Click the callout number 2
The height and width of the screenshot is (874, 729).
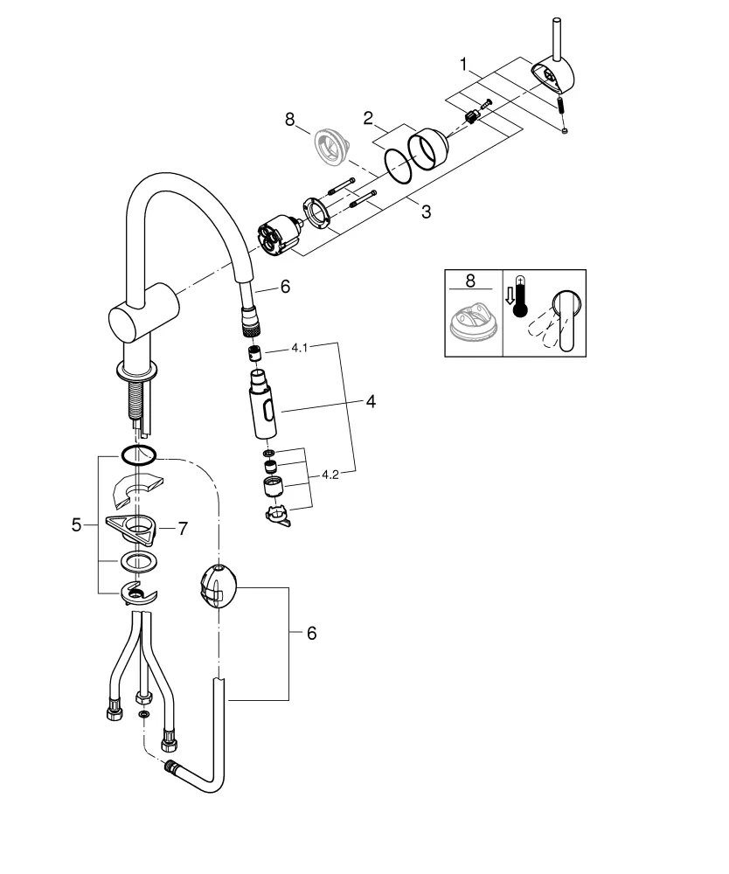click(370, 117)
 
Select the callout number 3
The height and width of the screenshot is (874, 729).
click(425, 212)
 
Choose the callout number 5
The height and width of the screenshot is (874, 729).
click(77, 525)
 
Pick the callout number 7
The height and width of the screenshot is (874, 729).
click(183, 528)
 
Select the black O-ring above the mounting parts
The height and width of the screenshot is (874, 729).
click(137, 455)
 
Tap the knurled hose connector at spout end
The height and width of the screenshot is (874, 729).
click(250, 323)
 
